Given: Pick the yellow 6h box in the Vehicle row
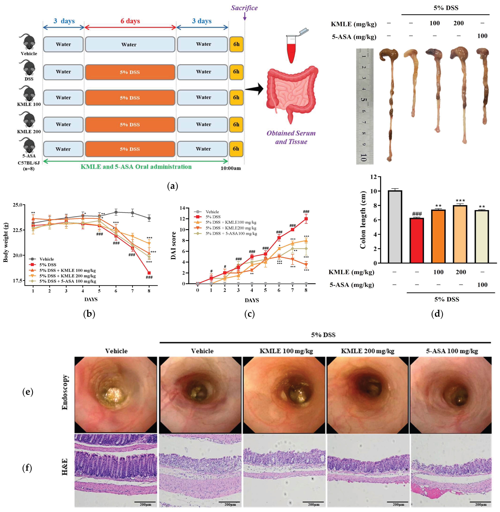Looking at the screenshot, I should click(x=236, y=44).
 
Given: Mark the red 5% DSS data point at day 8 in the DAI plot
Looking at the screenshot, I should click(x=306, y=219).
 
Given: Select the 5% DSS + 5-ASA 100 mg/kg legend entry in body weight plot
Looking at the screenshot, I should click(x=68, y=281).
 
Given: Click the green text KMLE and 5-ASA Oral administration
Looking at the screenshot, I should click(x=136, y=167).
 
